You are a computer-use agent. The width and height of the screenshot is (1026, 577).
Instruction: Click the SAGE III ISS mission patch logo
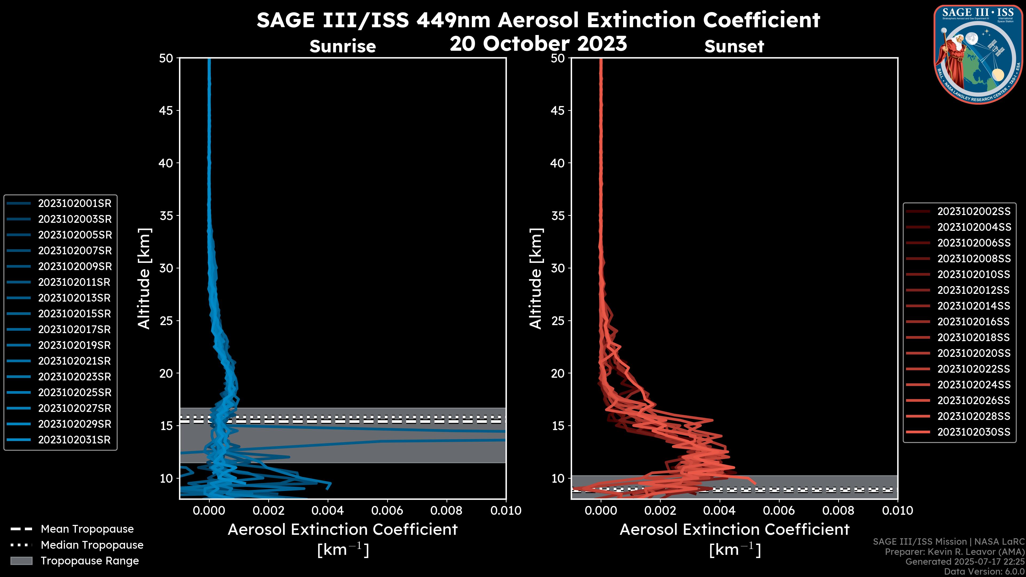coord(978,54)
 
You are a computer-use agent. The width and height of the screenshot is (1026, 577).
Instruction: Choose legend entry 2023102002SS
coord(974,212)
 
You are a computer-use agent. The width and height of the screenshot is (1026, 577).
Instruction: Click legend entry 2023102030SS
coord(974,432)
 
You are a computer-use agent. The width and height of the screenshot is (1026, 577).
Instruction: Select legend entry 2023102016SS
coord(974,322)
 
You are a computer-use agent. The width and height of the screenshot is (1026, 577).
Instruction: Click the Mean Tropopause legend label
coord(87,529)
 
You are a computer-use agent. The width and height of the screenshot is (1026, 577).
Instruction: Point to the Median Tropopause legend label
coord(92,545)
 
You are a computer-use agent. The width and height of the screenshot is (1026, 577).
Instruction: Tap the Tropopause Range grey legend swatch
coord(21,561)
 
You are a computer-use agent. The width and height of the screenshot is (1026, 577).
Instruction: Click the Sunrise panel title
coord(343,46)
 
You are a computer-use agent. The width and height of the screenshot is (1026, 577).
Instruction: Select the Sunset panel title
coord(734,46)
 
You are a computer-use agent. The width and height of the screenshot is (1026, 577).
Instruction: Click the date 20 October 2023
coord(538,44)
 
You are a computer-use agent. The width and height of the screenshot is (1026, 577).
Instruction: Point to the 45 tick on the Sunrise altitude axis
coord(166,111)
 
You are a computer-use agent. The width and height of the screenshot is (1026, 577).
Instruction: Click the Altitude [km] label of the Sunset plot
coord(536,278)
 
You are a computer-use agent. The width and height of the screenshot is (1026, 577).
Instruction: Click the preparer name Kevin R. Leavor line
coord(954,552)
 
